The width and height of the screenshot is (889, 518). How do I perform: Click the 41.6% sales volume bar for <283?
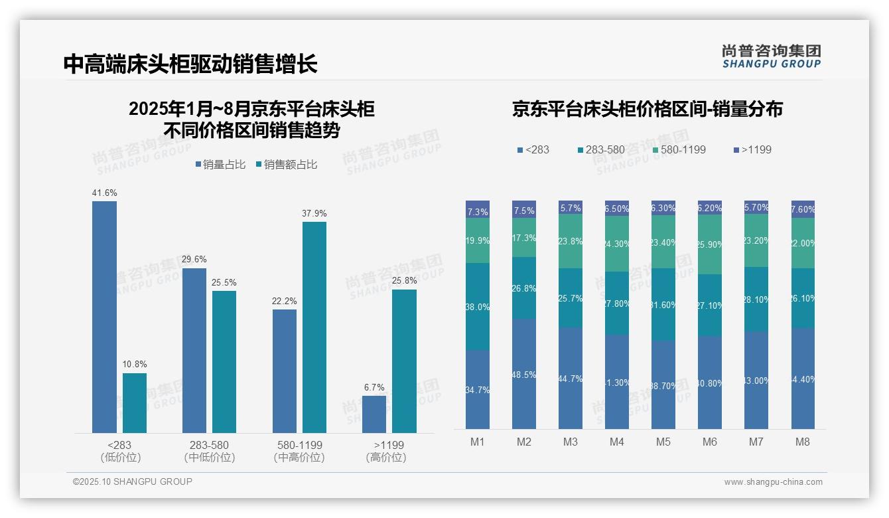click(104, 317)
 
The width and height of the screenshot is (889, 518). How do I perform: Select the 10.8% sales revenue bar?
click(135, 403)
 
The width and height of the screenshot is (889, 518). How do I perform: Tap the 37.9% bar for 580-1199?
click(314, 327)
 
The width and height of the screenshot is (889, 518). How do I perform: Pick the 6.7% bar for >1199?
click(374, 414)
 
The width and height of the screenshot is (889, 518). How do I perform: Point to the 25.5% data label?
click(224, 282)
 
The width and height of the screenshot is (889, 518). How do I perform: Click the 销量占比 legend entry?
click(220, 165)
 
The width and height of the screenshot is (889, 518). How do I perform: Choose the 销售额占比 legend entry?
click(286, 165)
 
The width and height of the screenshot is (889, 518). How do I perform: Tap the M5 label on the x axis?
click(663, 442)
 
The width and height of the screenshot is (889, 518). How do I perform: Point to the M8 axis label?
click(803, 442)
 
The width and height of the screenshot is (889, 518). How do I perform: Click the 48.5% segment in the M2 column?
click(524, 374)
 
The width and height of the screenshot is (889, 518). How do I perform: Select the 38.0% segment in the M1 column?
click(478, 307)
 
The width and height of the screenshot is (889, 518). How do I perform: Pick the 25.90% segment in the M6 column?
click(710, 244)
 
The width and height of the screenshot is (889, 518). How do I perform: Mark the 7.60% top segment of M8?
click(803, 209)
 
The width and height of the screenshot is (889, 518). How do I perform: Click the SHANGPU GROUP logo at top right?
click(771, 56)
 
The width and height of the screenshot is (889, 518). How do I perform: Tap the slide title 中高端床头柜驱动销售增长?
click(190, 64)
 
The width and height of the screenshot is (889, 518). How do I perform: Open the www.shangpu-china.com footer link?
click(773, 482)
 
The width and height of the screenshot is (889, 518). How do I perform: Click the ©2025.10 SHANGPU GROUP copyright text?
click(133, 481)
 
